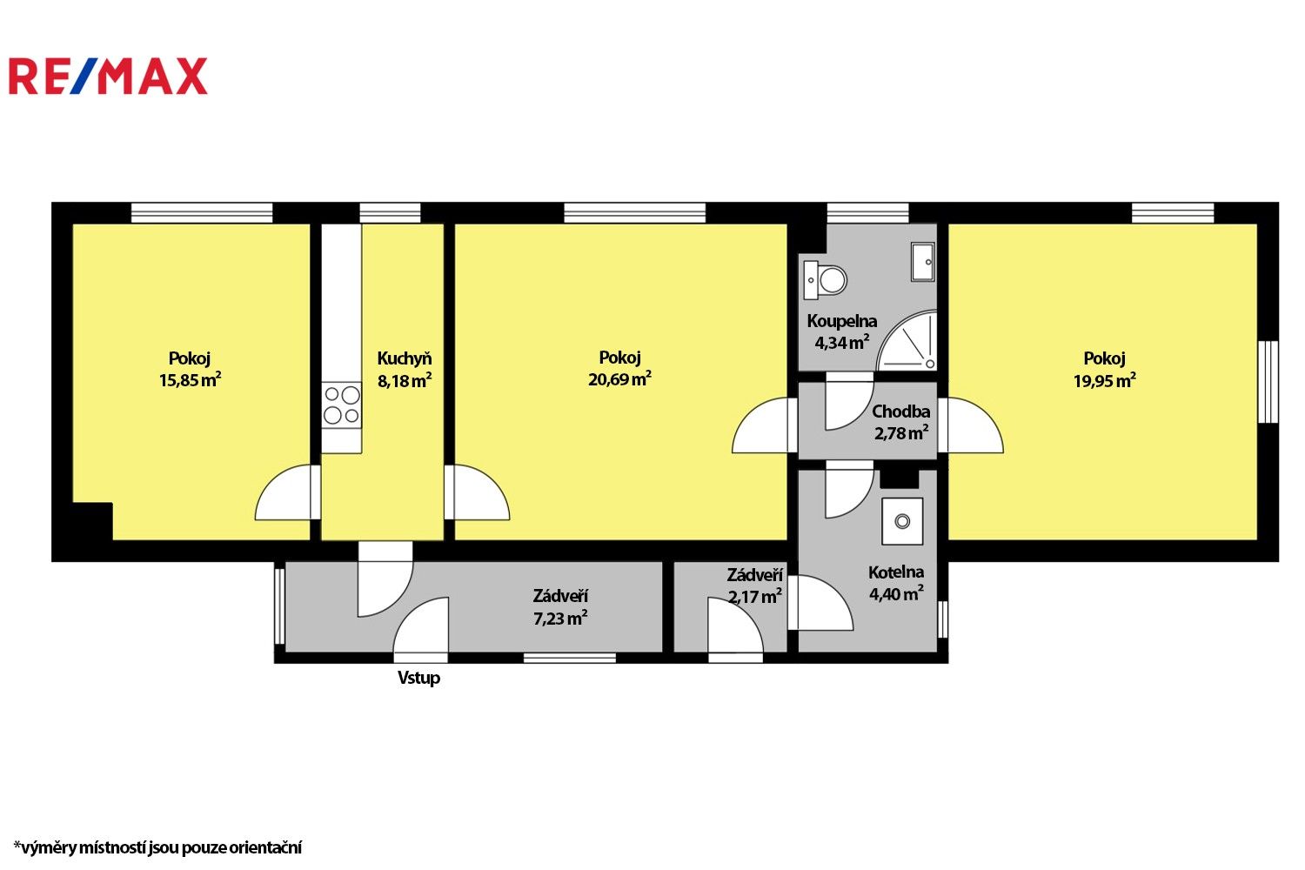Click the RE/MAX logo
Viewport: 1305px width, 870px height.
(108, 77)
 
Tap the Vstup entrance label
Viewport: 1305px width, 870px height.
(418, 678)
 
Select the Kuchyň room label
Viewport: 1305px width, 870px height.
(404, 358)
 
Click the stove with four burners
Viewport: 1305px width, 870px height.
(342, 405)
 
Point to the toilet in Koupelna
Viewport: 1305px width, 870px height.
(826, 279)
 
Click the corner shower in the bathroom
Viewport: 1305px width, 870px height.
(910, 344)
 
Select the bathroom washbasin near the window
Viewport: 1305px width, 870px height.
(922, 261)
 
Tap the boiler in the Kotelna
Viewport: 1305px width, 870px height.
(902, 521)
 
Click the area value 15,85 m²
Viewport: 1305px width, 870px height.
(190, 380)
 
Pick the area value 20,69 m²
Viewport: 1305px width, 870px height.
(619, 379)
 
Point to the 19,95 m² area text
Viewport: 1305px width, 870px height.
(1104, 380)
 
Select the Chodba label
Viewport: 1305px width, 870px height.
(900, 412)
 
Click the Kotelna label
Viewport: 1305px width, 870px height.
(896, 572)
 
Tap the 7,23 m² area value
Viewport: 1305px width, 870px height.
(560, 619)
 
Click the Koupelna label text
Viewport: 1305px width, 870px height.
(841, 321)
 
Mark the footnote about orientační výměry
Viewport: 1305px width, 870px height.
(157, 847)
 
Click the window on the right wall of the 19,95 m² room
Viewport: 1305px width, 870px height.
(1268, 382)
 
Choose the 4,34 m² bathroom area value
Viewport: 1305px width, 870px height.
(841, 343)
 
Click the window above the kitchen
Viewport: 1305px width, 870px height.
(390, 213)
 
